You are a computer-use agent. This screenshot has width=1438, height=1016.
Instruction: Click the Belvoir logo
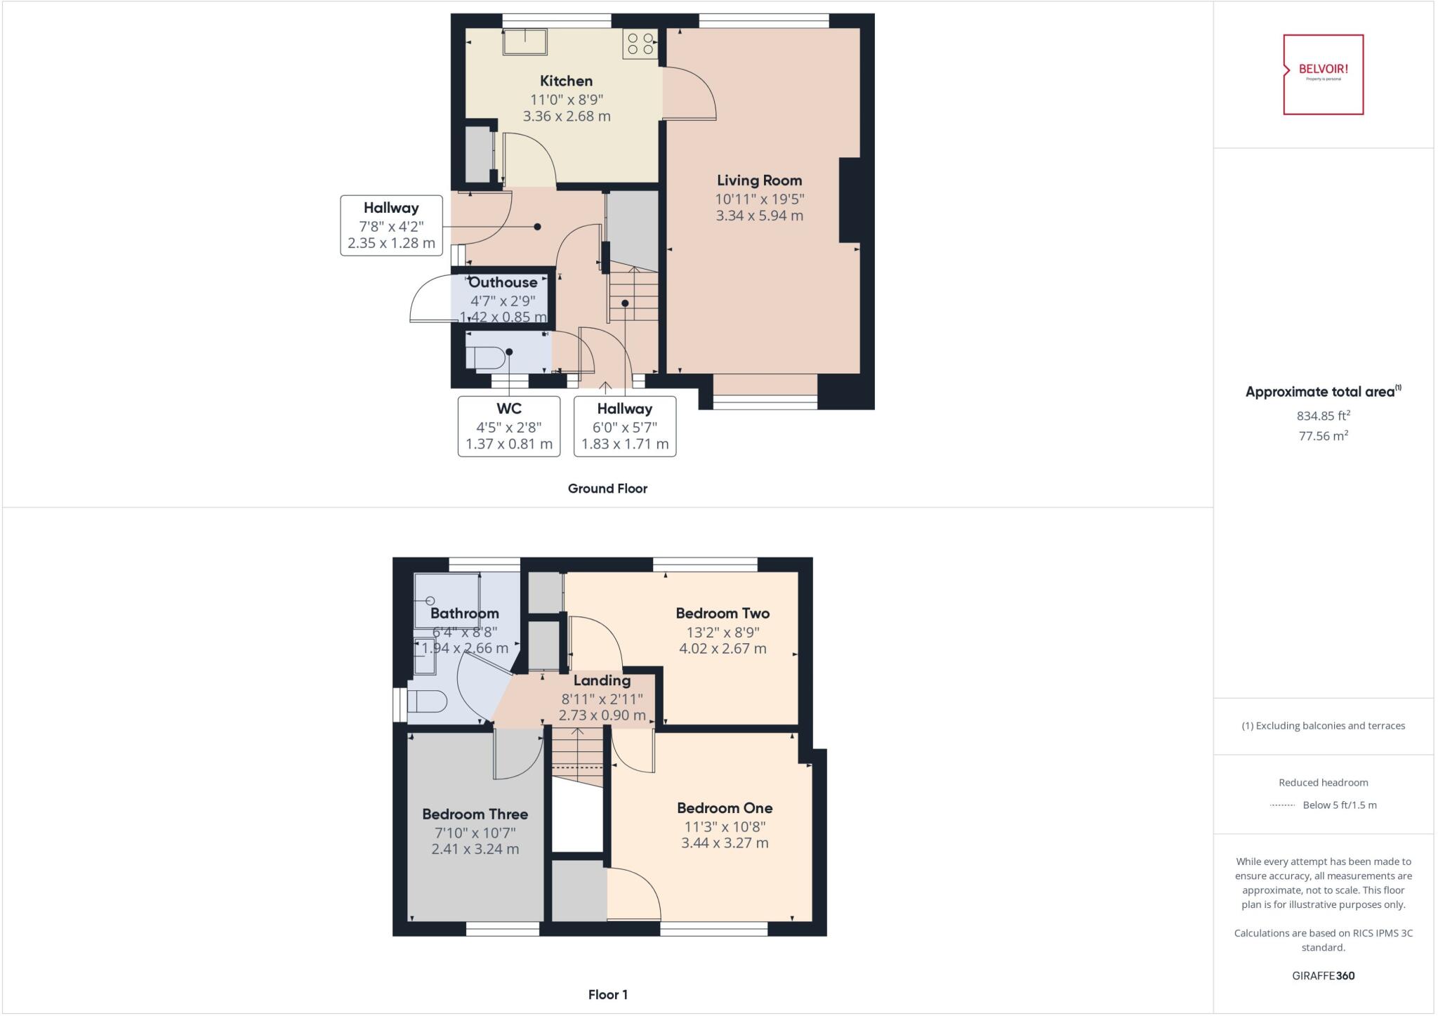coord(1323,74)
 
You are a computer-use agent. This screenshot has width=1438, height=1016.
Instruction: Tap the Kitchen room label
coord(566,81)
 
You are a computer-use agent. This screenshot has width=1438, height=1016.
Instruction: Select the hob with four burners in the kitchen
coord(640,44)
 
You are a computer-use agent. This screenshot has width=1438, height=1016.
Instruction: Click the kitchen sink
coord(525,41)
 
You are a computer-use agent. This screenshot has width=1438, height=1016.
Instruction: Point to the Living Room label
coord(759,180)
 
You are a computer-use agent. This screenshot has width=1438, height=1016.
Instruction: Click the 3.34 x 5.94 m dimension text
coord(759,216)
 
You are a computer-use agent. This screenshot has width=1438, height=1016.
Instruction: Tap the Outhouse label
coord(503,282)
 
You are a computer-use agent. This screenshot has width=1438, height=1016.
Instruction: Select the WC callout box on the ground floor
coord(509,426)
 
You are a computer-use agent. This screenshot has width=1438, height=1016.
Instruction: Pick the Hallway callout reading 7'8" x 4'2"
coord(391,225)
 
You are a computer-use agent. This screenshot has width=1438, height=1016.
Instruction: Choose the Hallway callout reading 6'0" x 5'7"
coord(625,426)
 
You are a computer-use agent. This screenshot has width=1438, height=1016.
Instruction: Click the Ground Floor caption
coord(607,489)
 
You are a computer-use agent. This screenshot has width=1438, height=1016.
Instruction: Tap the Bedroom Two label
coord(723,613)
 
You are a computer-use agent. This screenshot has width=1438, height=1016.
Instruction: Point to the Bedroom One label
coord(725,807)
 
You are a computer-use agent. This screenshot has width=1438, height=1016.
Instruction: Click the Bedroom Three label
coord(475,814)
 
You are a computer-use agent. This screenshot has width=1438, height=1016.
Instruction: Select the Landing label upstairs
coord(602,680)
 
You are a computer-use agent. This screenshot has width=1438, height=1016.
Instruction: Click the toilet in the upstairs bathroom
coord(427,701)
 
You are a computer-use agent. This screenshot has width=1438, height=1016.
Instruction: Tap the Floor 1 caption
coord(608,994)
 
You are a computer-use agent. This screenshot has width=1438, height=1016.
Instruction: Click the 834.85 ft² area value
coord(1323,415)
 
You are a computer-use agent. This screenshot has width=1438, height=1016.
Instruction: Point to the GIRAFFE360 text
coord(1323,975)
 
